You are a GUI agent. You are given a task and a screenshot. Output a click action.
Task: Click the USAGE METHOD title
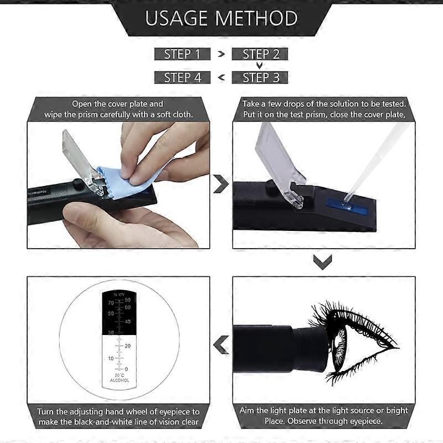coord(221,18)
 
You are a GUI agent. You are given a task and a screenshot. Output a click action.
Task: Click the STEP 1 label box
coord(182,54)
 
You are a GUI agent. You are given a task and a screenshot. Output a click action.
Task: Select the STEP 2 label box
coord(260,54)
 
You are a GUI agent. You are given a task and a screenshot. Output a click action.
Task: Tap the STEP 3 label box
coord(260,78)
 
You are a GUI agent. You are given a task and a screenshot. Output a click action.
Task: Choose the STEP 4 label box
coord(182,78)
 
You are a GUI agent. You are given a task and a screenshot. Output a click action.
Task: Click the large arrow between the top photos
coord(221,184)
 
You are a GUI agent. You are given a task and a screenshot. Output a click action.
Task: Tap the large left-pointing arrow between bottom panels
coord(221,344)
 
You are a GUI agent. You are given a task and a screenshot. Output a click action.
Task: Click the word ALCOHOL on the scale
coord(119,380)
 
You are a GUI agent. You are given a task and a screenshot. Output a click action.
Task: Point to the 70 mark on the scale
coord(111,303)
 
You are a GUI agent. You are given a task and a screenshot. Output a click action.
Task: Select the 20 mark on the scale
coord(127,346)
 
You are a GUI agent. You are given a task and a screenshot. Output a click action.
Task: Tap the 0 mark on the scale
coord(126,369)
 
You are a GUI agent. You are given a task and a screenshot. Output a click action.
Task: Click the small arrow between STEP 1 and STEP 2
coord(221,54)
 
